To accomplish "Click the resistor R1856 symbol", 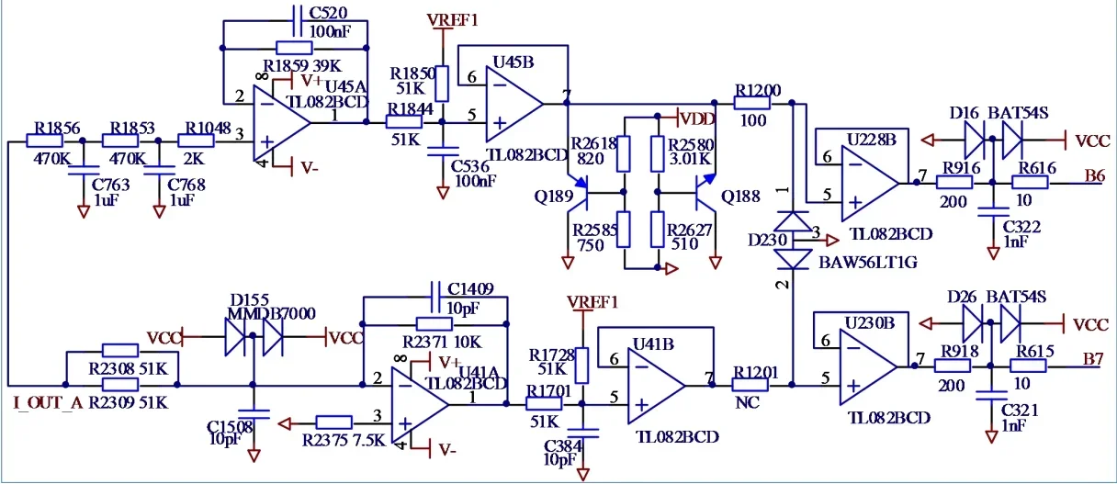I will [x=45, y=141].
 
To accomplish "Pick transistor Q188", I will [x=706, y=196].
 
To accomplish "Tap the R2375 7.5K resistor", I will [x=334, y=422].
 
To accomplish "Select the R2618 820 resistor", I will [x=624, y=154].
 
